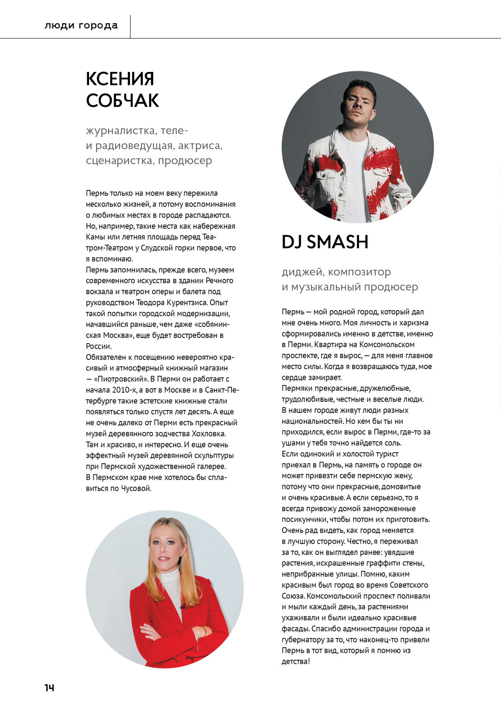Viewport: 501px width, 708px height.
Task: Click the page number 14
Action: tap(49, 688)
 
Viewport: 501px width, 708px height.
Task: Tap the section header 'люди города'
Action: tap(81, 26)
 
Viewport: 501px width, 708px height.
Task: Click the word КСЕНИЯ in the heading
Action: tap(120, 79)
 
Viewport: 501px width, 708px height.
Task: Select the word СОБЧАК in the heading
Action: tap(122, 101)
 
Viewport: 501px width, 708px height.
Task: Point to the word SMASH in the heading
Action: tap(337, 242)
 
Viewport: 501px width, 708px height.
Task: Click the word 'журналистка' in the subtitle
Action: tap(121, 130)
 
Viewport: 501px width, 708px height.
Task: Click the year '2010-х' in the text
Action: tap(124, 390)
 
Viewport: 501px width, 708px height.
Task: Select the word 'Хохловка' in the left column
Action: tap(209, 434)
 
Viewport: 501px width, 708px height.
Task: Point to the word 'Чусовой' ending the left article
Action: tap(136, 488)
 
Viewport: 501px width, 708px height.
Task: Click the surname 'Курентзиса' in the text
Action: tap(188, 303)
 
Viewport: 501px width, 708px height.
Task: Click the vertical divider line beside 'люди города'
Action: tap(130, 26)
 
